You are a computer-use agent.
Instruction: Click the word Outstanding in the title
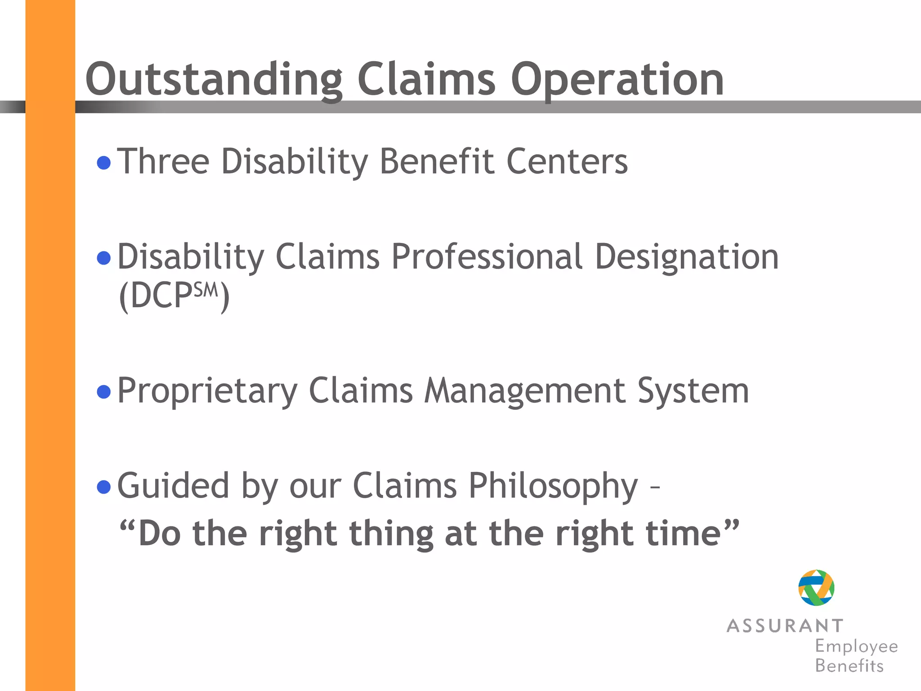pos(214,80)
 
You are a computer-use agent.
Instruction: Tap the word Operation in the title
pos(617,80)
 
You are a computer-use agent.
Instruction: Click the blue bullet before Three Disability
pos(104,162)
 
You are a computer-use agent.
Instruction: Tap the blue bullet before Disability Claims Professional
pos(104,258)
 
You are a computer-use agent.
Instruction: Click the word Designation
pos(686,257)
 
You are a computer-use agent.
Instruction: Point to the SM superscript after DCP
pos(206,290)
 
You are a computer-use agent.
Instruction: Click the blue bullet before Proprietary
pos(104,392)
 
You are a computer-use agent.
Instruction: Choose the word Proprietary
pos(207,391)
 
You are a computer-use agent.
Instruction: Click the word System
pos(693,391)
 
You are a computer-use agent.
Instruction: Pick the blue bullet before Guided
pos(104,487)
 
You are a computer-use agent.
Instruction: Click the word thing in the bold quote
pos(391,534)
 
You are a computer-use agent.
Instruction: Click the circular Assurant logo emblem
pos(816,588)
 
